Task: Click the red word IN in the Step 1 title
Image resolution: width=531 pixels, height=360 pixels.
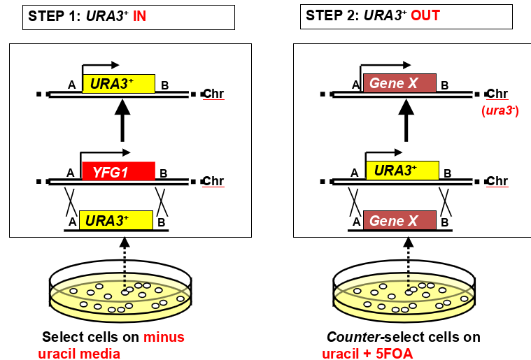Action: pyautogui.click(x=140, y=15)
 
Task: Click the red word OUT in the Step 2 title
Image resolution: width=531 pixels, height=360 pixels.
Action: pyautogui.click(x=425, y=15)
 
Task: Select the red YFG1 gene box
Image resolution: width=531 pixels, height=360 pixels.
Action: pyautogui.click(x=118, y=171)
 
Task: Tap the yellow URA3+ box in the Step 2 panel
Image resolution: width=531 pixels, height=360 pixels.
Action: pyautogui.click(x=402, y=171)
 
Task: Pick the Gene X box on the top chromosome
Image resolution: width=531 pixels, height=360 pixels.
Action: pyautogui.click(x=399, y=83)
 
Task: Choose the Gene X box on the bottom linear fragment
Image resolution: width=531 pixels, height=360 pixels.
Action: pyautogui.click(x=399, y=221)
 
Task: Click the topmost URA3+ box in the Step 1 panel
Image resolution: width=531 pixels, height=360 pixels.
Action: pyautogui.click(x=118, y=84)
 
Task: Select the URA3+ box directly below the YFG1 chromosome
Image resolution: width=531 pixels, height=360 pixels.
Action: pyautogui.click(x=116, y=221)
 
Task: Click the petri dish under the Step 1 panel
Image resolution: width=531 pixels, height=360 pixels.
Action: pyautogui.click(x=120, y=294)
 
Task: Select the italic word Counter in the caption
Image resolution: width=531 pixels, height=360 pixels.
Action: pyautogui.click(x=349, y=337)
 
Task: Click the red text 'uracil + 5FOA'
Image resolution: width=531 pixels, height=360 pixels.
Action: pyautogui.click(x=367, y=354)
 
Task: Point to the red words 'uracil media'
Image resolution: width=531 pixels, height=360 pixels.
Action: pyautogui.click(x=84, y=354)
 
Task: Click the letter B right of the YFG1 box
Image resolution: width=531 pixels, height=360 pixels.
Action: pyautogui.click(x=163, y=173)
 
